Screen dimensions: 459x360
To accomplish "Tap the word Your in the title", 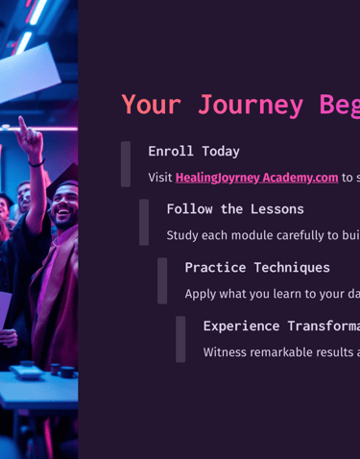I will pyautogui.click(x=152, y=105).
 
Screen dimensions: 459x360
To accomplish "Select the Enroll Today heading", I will pyautogui.click(x=194, y=151).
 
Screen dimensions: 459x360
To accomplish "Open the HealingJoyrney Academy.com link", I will pyautogui.click(x=256, y=178).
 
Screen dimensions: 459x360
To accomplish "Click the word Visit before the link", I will pyautogui.click(x=159, y=178).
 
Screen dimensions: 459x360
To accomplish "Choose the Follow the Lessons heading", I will pyautogui.click(x=235, y=208).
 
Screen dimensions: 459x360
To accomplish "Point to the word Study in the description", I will pyautogui.click(x=183, y=235).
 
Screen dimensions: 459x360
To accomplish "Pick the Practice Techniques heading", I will pyautogui.click(x=257, y=267).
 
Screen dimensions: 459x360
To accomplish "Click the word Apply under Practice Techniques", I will pyautogui.click(x=201, y=294).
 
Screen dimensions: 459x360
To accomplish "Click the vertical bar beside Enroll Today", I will pyautogui.click(x=126, y=164).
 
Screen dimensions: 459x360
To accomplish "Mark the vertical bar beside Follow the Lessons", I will pyautogui.click(x=144, y=222).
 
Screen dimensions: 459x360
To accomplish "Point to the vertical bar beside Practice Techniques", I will pyautogui.click(x=162, y=280).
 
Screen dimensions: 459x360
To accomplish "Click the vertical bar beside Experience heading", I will pyautogui.click(x=180, y=339).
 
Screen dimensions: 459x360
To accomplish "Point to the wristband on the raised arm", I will pyautogui.click(x=36, y=164).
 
